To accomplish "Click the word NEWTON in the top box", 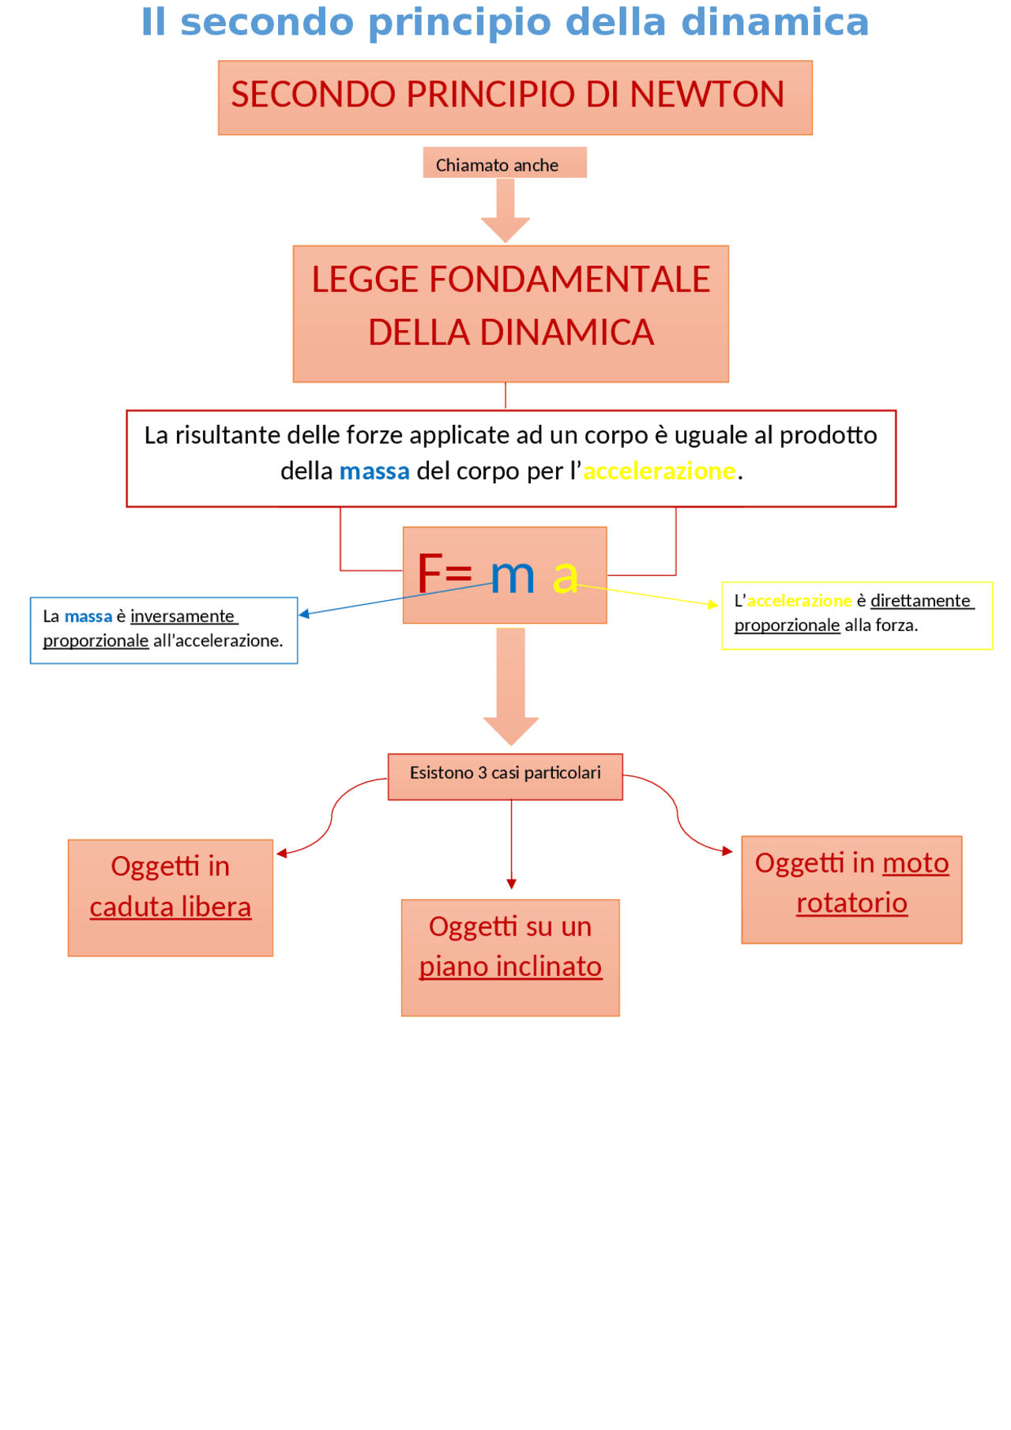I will [707, 95].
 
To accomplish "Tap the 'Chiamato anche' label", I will [497, 165].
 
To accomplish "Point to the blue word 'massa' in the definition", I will [374, 471].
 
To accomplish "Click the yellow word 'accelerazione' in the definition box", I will [659, 471].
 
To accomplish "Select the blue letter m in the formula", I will [512, 576].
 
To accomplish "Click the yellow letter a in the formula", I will [565, 576].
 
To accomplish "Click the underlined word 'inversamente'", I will [182, 616].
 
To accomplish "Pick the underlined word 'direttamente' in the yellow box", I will [920, 601].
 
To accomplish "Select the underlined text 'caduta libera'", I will [170, 907].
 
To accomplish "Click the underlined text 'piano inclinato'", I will [510, 967].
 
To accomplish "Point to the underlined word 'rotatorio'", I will [851, 903].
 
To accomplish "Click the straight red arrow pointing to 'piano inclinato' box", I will [511, 845].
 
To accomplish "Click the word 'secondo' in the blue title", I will [267, 22].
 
